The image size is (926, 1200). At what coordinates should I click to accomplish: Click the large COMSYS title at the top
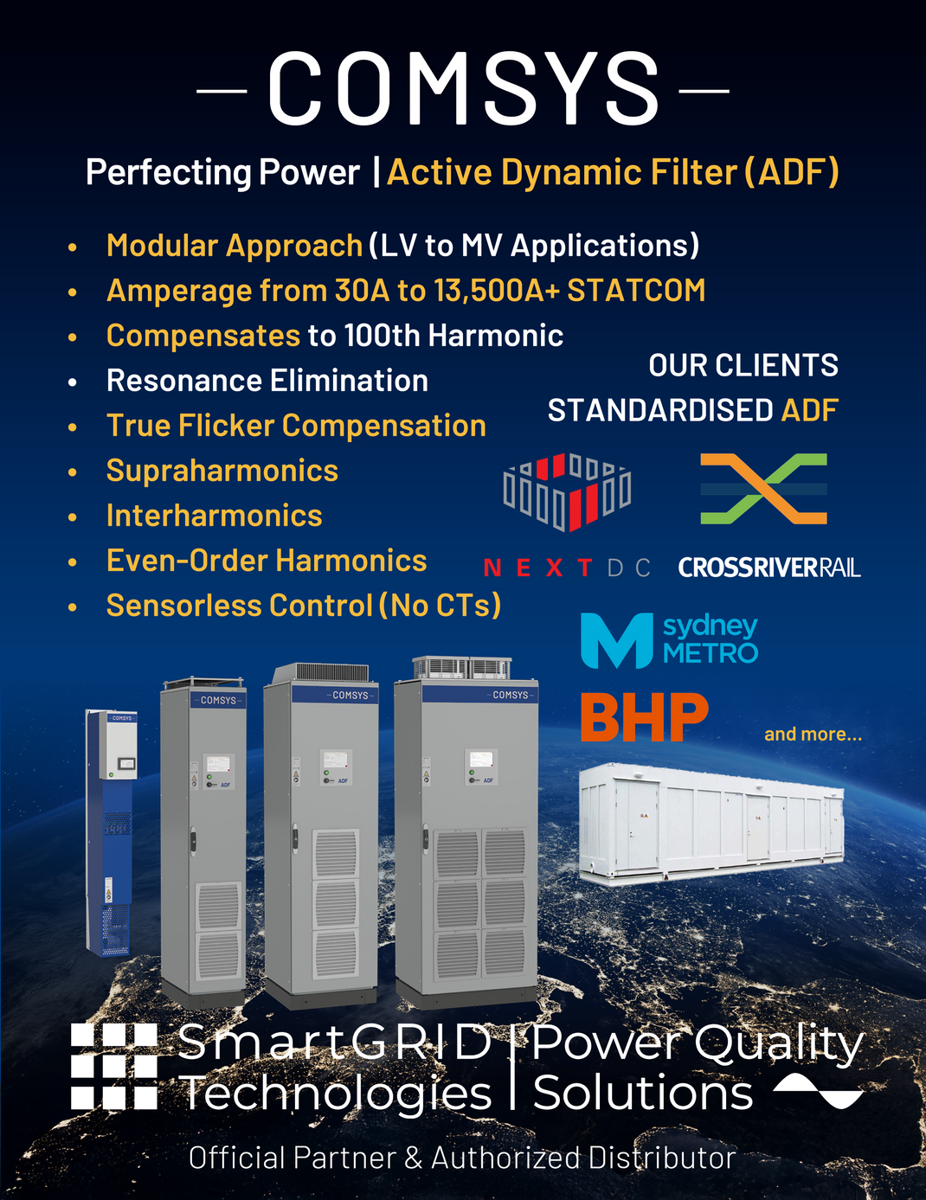(x=463, y=88)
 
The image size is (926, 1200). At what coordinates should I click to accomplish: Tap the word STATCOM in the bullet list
(x=636, y=291)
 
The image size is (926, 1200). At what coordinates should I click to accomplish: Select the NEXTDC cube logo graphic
(x=567, y=491)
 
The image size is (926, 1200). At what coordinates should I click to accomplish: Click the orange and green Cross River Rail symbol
(x=763, y=489)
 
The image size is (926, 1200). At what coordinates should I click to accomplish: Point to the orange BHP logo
(x=644, y=718)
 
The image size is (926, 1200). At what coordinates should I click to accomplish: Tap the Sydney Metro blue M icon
(x=616, y=640)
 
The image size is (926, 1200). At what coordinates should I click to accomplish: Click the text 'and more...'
(x=813, y=735)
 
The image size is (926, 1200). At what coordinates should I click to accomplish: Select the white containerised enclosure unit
(x=711, y=824)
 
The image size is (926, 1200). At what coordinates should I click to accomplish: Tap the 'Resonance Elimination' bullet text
(x=267, y=381)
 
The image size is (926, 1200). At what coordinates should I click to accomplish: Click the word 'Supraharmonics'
(x=222, y=471)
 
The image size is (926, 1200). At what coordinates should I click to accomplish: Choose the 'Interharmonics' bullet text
(x=214, y=516)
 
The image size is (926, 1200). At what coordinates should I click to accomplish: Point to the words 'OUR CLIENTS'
(x=743, y=365)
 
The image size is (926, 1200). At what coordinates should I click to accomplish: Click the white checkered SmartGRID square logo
(x=113, y=1066)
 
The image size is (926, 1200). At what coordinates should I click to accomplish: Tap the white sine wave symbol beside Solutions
(x=818, y=1092)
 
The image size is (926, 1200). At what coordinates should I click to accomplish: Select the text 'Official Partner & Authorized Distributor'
(x=462, y=1158)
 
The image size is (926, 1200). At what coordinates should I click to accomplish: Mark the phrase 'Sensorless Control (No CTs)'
(x=303, y=606)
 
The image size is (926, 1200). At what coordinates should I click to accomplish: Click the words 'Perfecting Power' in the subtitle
(x=222, y=172)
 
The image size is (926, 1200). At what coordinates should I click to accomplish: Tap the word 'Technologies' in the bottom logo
(x=336, y=1093)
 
